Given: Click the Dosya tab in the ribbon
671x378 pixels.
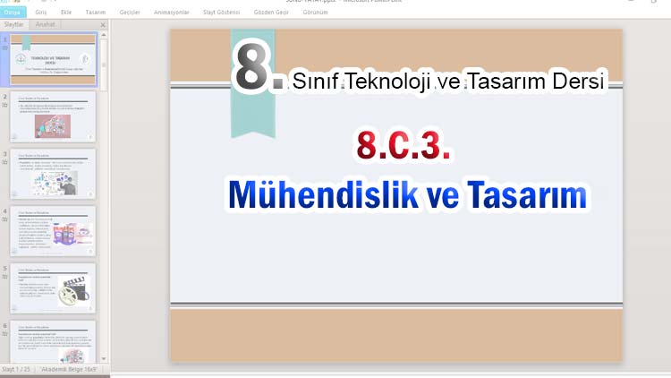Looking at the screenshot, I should point(13,13).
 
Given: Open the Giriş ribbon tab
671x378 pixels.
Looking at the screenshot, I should point(41,13).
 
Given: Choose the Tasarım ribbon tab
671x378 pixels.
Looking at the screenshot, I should point(96,13).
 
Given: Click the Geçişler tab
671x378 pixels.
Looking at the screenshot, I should point(131,13).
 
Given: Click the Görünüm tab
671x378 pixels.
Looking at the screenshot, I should point(314,13).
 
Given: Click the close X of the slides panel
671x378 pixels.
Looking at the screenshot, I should point(103,25).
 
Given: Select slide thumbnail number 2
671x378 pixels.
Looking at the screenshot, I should point(53,116).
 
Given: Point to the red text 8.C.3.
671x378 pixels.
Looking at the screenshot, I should point(403,145).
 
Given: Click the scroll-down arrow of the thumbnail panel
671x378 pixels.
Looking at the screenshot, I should point(103,357).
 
